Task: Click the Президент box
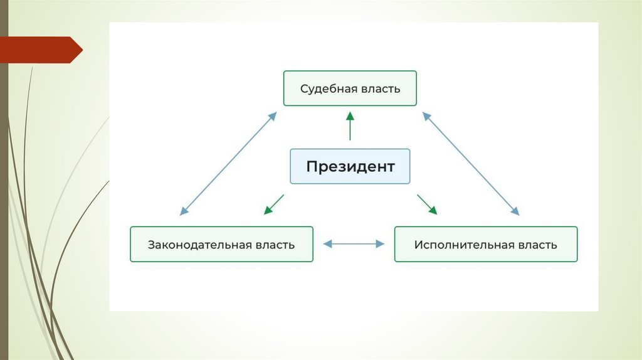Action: coord(350,166)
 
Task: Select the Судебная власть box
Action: coord(350,88)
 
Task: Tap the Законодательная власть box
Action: coord(221,244)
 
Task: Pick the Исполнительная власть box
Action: coord(485,244)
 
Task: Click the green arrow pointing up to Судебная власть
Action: coord(350,125)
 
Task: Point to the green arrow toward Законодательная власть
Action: coord(273,204)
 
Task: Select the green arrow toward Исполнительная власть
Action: coord(427,204)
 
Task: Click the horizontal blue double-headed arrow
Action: coord(354,244)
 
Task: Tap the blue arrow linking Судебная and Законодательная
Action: coord(228,164)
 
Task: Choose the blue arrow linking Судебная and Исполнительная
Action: coord(471,164)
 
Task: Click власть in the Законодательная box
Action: coord(274,245)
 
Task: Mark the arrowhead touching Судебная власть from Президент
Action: coord(350,115)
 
